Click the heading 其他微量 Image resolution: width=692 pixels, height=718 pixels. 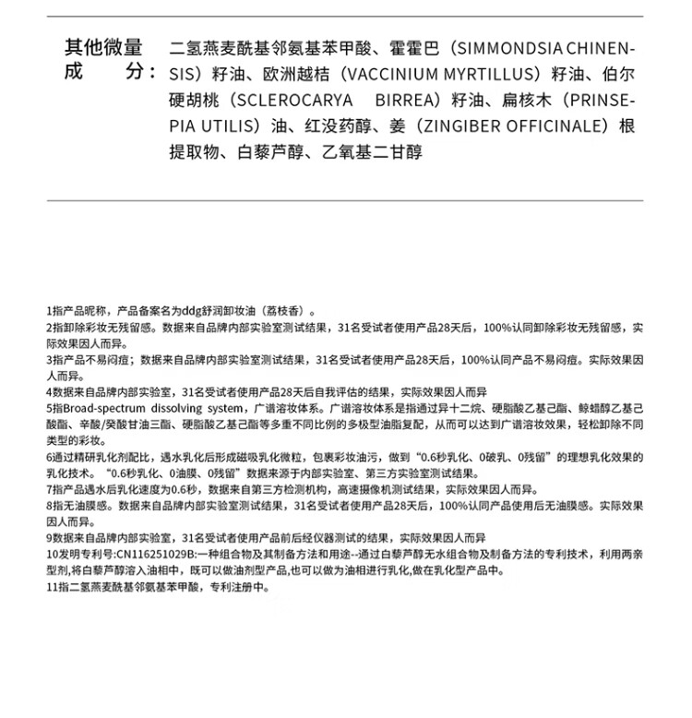(x=103, y=47)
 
